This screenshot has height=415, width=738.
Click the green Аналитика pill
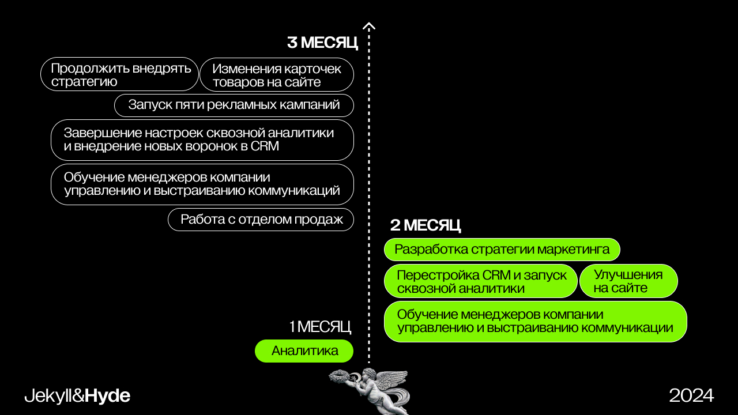[x=304, y=351]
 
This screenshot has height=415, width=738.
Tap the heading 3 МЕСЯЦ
[x=322, y=43]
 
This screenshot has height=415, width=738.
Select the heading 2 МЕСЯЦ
[x=426, y=225]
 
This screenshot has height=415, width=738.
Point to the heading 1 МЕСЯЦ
[x=320, y=327]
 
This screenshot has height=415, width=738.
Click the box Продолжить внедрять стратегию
[x=119, y=74]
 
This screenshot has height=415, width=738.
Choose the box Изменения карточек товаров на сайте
[x=277, y=75]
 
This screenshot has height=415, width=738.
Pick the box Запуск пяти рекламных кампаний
[x=234, y=105]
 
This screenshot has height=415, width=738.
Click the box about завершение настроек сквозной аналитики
[x=202, y=139]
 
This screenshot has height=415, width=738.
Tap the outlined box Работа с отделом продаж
[x=261, y=220]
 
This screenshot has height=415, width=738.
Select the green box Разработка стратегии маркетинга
[x=502, y=250]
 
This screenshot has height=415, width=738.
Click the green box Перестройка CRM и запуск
[x=481, y=281]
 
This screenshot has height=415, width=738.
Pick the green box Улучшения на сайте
[x=628, y=281]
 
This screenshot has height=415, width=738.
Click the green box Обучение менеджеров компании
[x=535, y=322]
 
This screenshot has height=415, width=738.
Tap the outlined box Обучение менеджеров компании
[x=202, y=184]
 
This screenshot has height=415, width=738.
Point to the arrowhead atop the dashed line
[x=369, y=26]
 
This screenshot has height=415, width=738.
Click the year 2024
[x=691, y=395]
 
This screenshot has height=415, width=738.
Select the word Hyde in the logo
[x=108, y=396]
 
